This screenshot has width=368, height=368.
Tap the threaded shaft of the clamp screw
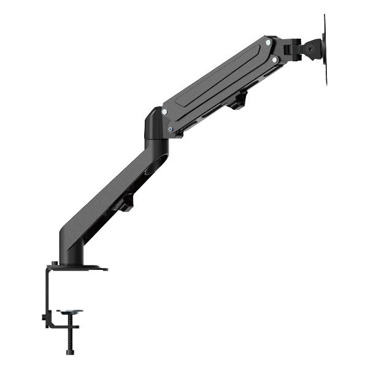point(72,334)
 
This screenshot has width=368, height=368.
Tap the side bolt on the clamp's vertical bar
point(44,317)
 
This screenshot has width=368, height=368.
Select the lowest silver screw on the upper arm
point(171,129)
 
